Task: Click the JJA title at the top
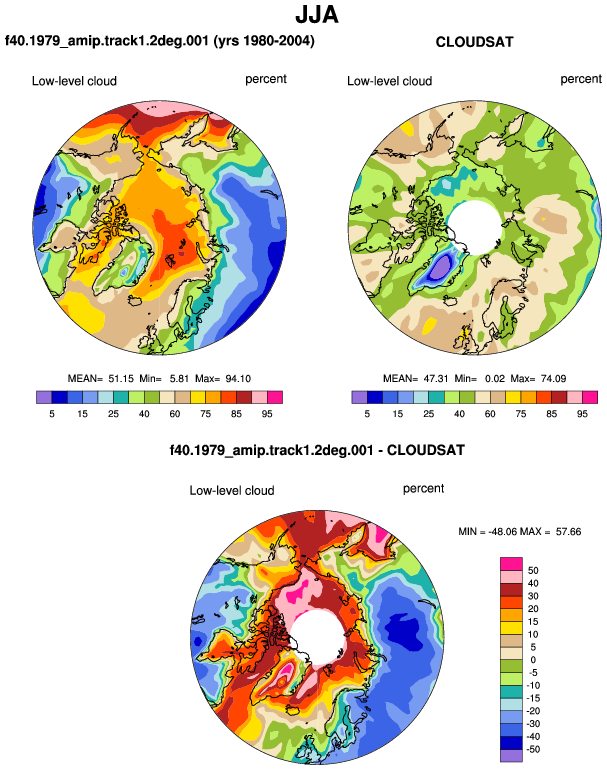point(317,15)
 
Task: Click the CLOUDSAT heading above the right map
point(474,42)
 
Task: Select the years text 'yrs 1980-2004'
point(264,40)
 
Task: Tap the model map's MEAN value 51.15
point(121,379)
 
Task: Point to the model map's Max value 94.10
point(238,379)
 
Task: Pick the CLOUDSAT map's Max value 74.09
point(553,379)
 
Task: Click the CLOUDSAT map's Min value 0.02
point(495,379)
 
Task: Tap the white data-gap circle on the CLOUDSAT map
point(474,227)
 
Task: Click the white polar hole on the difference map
point(317,637)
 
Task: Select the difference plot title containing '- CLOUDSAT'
point(317,450)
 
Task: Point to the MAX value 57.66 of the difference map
point(568,531)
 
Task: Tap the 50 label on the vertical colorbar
point(533,570)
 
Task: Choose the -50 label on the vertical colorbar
point(532,749)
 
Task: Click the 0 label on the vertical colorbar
point(533,660)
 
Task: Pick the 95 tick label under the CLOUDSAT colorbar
point(582,414)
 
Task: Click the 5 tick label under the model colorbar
point(52,414)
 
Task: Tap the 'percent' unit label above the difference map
point(423,489)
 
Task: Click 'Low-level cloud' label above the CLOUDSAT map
point(389,81)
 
